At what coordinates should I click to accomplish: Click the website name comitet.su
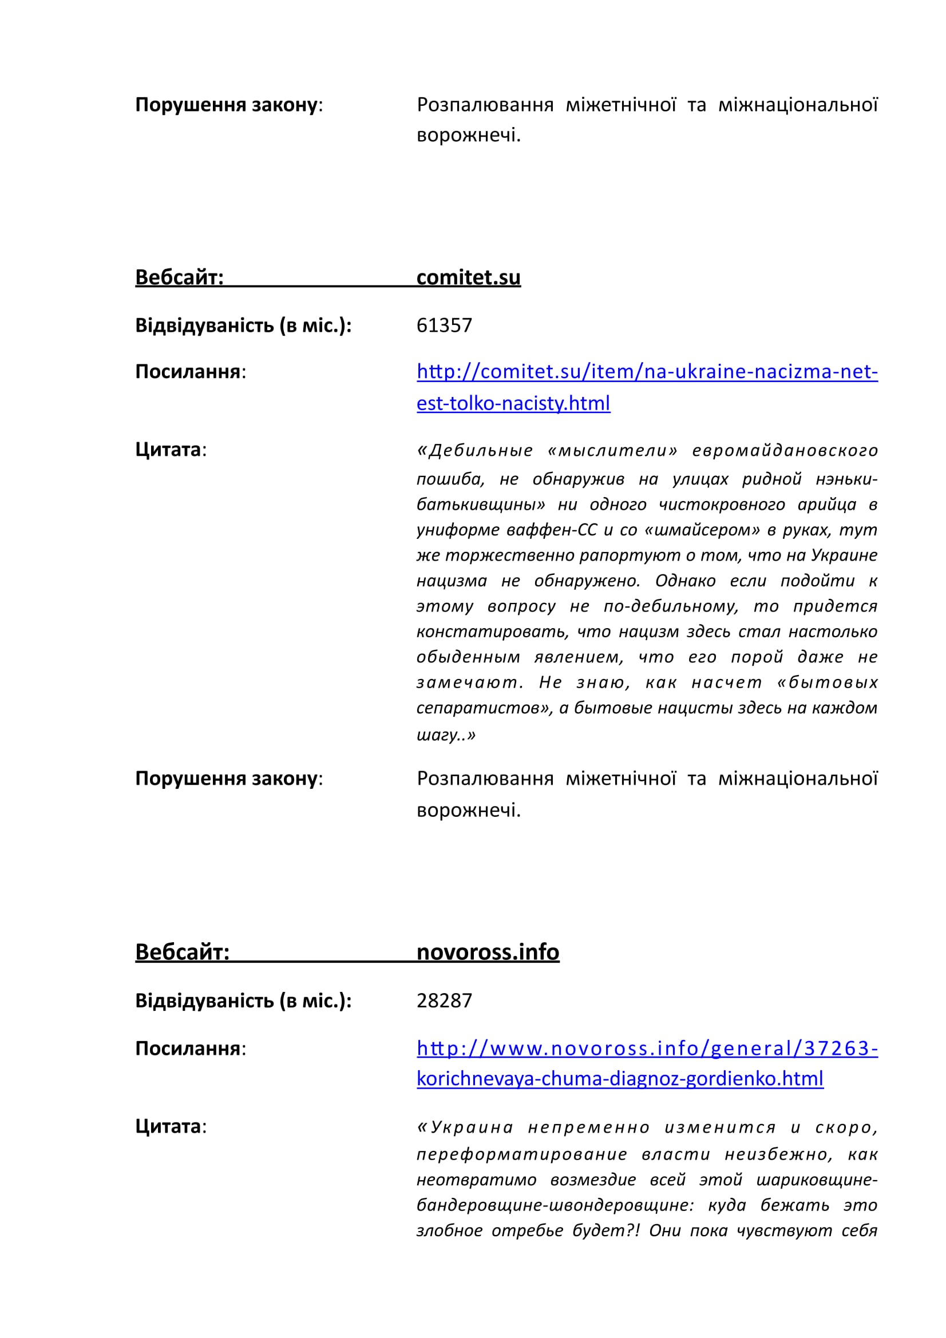468,277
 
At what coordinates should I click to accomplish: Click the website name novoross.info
487,952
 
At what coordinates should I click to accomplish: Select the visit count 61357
444,325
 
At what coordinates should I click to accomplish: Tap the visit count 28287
444,1000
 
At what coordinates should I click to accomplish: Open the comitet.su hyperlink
647,372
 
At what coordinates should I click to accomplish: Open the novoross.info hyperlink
647,1049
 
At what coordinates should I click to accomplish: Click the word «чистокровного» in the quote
722,504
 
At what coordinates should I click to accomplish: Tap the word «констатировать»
492,632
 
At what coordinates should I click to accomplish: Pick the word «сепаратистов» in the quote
484,708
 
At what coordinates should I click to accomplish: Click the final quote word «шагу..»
446,735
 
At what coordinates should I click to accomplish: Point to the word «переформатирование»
522,1154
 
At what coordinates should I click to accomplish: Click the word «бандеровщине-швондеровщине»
555,1205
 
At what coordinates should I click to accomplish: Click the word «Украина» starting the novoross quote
466,1127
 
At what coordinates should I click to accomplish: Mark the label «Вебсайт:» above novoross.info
182,952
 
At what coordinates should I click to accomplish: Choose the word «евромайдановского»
785,450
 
